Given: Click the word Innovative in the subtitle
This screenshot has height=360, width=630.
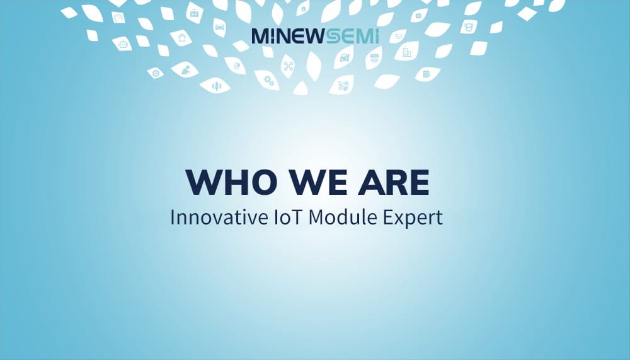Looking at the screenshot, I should tap(212, 218).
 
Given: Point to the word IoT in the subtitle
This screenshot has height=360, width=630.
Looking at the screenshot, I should tap(279, 218).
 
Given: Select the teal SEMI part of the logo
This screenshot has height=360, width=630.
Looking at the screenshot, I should tap(352, 36).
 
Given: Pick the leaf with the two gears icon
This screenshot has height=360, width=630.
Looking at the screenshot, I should tap(268, 80).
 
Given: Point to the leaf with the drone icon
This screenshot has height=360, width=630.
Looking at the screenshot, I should tap(288, 66).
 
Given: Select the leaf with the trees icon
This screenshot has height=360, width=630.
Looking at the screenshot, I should tap(215, 86).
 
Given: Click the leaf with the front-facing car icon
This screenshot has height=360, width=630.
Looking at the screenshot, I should tap(219, 27).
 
